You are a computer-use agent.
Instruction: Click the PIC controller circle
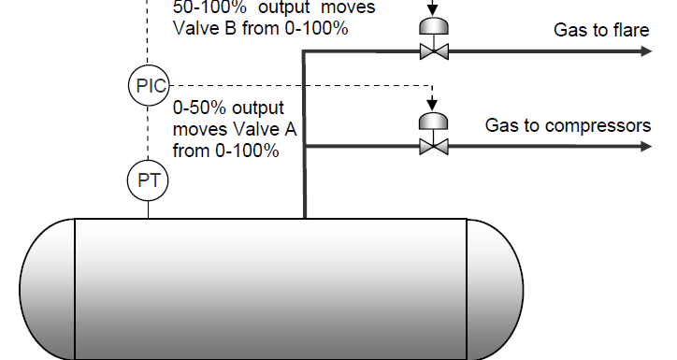coord(149,86)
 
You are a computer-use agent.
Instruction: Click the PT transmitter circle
coord(149,180)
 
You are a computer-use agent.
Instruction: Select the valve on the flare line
coord(432,52)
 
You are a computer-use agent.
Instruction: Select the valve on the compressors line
coord(432,146)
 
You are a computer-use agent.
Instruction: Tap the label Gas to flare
coord(600,31)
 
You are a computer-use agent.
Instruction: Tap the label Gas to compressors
coord(568,125)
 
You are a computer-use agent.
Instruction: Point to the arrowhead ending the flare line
coord(644,52)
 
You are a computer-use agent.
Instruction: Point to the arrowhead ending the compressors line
coord(644,146)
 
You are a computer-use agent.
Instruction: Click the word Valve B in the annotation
coord(199,28)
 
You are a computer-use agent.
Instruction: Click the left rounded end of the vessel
coord(47,285)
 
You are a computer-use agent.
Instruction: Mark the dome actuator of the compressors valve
coord(432,121)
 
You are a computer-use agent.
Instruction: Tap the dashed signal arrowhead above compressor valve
coord(432,104)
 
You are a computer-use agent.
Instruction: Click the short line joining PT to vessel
coord(149,209)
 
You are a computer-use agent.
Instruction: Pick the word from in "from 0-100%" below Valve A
coord(190,149)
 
